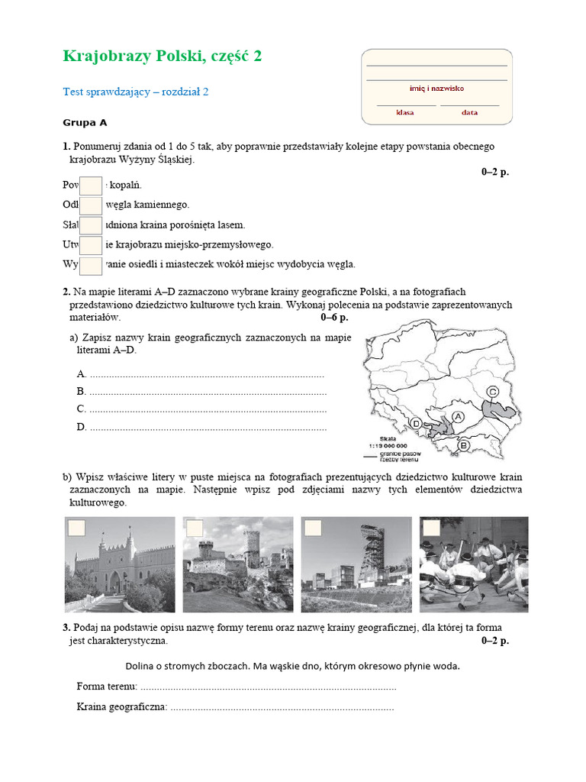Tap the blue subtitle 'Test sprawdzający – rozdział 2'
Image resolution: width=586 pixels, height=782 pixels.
(x=135, y=92)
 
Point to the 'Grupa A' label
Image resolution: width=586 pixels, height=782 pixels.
(x=85, y=122)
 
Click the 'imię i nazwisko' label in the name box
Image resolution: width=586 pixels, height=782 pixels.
(x=436, y=89)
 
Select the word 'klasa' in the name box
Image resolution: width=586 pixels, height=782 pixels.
(x=404, y=112)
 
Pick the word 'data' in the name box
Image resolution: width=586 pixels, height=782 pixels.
(x=469, y=112)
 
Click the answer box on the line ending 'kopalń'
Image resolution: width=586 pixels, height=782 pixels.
(x=91, y=186)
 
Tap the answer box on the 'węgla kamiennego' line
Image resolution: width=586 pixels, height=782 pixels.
(x=91, y=205)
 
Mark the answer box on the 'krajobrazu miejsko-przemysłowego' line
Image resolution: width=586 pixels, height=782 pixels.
(x=91, y=245)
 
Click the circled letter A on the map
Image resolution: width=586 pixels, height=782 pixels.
(x=459, y=416)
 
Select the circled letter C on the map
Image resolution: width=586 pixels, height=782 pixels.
(x=493, y=391)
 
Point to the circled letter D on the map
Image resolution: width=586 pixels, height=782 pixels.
(x=417, y=423)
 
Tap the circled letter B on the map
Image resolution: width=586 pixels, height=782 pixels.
(x=464, y=445)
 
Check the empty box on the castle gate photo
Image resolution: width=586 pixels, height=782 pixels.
(x=77, y=528)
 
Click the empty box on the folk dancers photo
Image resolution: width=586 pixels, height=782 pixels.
(x=431, y=528)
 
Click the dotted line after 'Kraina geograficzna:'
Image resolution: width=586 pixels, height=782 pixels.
(x=282, y=708)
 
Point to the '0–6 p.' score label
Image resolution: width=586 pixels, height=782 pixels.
(x=334, y=317)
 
